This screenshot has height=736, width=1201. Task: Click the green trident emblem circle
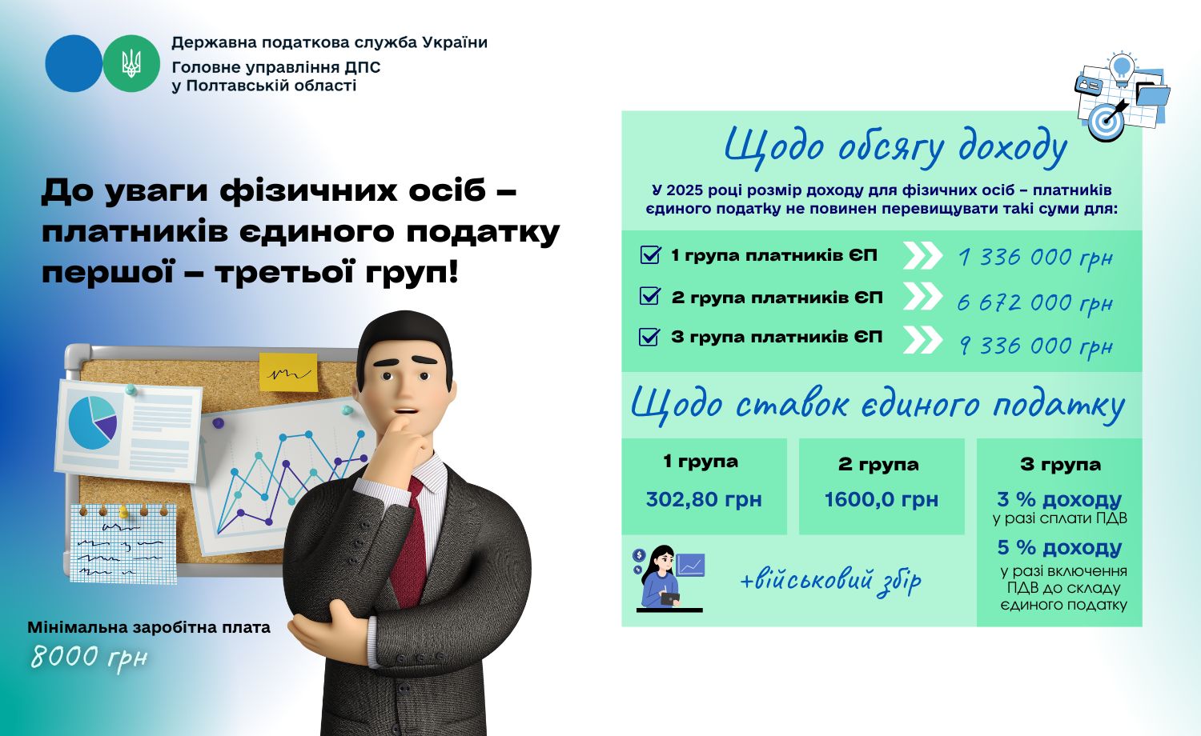pyautogui.click(x=131, y=64)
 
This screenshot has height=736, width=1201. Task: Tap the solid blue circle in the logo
pyautogui.click(x=74, y=64)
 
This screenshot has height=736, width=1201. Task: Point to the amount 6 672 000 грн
pyautogui.click(x=1035, y=303)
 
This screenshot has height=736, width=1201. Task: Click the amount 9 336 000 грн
pyautogui.click(x=1036, y=346)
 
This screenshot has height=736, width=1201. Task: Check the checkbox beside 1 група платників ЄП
pyautogui.click(x=650, y=254)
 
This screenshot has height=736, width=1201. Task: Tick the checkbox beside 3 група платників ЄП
pyautogui.click(x=649, y=336)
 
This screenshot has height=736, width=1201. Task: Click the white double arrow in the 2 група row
pyautogui.click(x=922, y=296)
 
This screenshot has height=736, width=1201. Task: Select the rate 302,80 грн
pyautogui.click(x=704, y=499)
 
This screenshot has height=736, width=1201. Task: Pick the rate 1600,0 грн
pyautogui.click(x=882, y=499)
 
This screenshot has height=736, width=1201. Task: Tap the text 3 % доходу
pyautogui.click(x=1059, y=499)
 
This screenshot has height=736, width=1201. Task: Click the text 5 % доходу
pyautogui.click(x=1059, y=547)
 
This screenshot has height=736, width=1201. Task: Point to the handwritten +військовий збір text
pyautogui.click(x=830, y=581)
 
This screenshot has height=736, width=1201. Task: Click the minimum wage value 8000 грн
pyautogui.click(x=89, y=657)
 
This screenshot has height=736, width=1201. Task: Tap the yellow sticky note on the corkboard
pyautogui.click(x=288, y=372)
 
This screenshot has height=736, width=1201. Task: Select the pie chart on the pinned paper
pyautogui.click(x=93, y=423)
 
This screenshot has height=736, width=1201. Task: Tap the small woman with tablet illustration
pyautogui.click(x=663, y=577)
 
